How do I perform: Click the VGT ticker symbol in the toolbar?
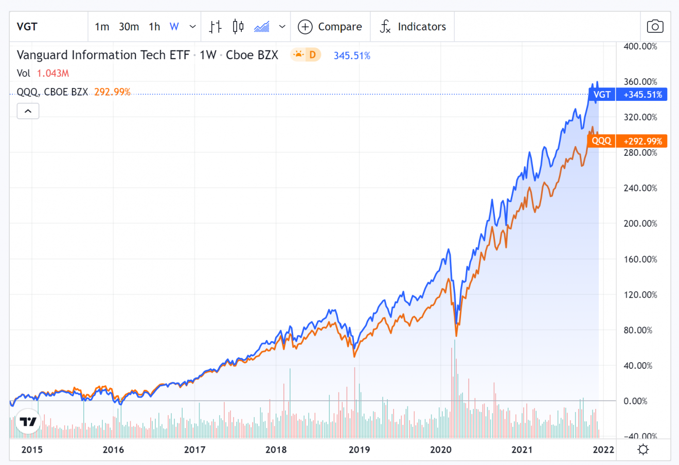[27, 27]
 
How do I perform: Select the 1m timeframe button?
[102, 27]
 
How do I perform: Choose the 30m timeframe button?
[129, 27]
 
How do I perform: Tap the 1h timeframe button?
[154, 27]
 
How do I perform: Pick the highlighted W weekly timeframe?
[174, 27]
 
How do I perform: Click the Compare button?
[330, 27]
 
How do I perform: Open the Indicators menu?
[413, 27]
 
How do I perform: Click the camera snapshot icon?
[655, 27]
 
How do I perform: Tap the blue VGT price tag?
[602, 95]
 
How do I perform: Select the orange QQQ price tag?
[601, 141]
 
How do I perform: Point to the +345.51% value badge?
[642, 95]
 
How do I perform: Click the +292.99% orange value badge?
[642, 141]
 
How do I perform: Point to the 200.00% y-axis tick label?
[640, 224]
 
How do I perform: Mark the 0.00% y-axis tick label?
[635, 401]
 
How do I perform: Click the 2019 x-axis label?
[359, 450]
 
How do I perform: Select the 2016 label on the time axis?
[113, 450]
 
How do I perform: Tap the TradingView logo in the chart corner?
[28, 422]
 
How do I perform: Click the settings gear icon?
[643, 450]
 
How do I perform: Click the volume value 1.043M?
[53, 73]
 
